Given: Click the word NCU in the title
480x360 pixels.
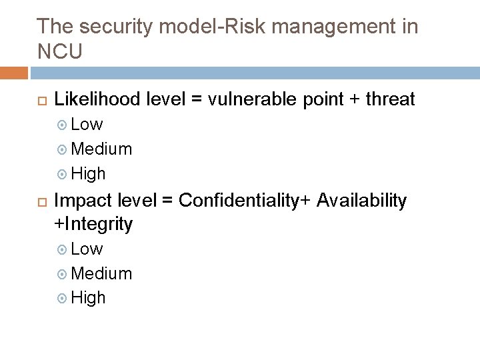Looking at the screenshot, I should (x=60, y=51).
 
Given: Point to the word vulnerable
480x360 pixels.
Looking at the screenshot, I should (x=255, y=100).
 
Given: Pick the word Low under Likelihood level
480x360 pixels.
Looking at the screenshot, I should (x=87, y=124).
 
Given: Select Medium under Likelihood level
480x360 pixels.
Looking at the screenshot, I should (x=101, y=149).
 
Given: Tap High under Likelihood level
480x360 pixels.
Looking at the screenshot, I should (x=88, y=173).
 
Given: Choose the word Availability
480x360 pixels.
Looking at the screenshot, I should (x=361, y=201).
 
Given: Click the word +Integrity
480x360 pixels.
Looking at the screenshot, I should (x=93, y=225).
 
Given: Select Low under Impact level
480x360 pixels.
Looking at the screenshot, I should (x=87, y=249).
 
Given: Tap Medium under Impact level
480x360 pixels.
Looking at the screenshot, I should (x=101, y=273).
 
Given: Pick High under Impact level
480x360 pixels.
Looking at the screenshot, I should (x=88, y=298).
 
